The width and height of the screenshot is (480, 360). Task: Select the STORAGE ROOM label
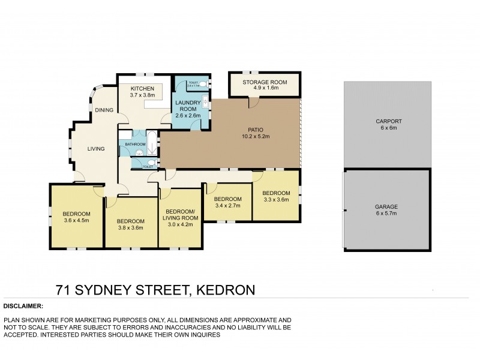pyautogui.click(x=265, y=82)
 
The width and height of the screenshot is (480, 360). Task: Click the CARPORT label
pyautogui.click(x=389, y=122)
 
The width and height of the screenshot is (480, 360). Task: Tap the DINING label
pyautogui.click(x=104, y=110)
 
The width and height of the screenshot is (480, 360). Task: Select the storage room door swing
pyautogui.click(x=254, y=104)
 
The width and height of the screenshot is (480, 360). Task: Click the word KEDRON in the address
pyautogui.click(x=224, y=290)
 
